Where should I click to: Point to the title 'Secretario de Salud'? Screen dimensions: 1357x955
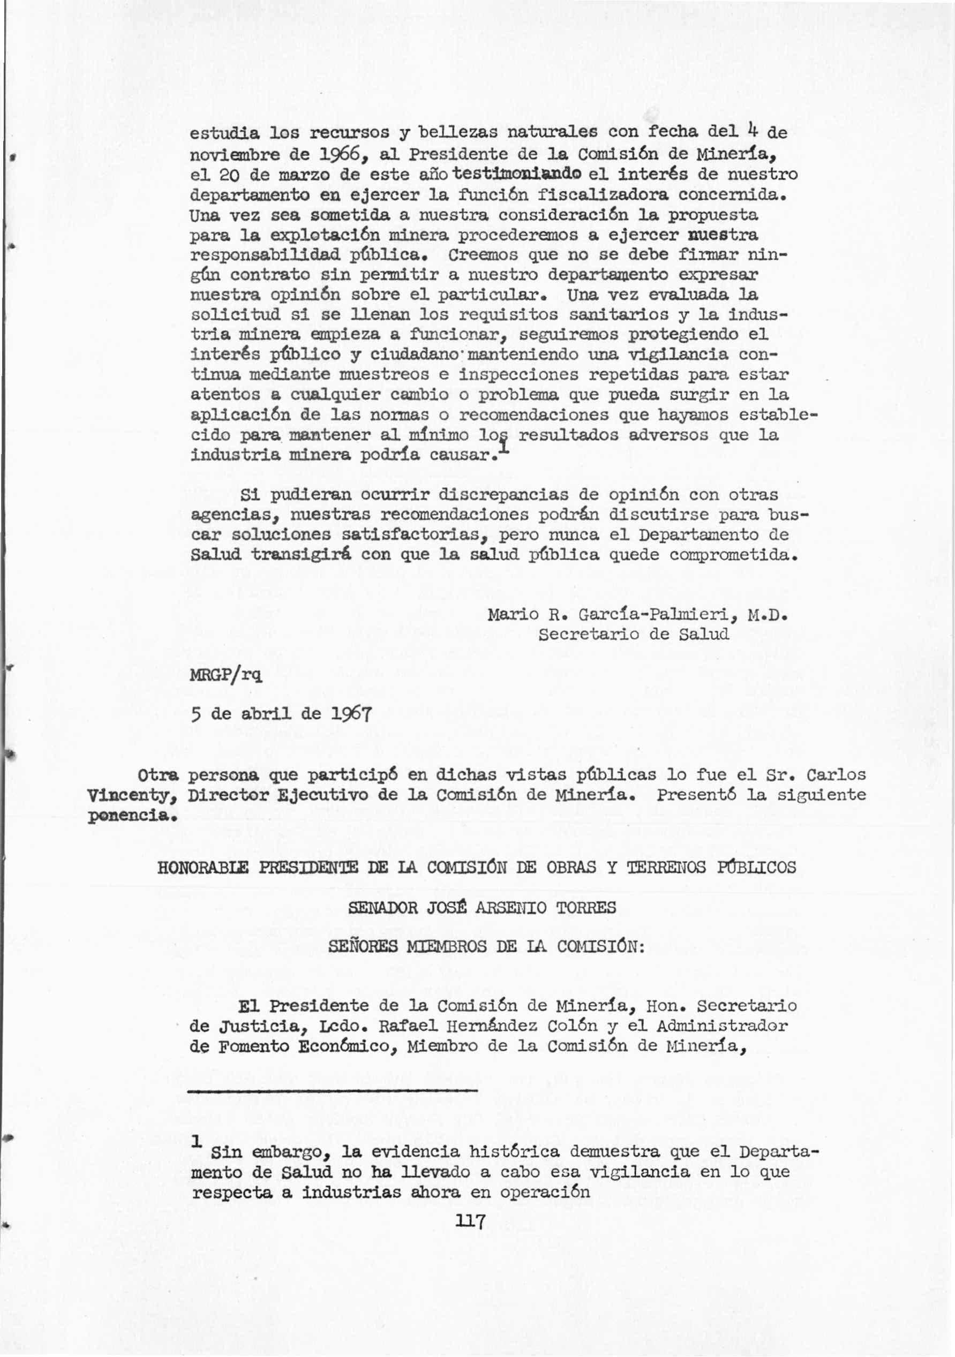(x=634, y=634)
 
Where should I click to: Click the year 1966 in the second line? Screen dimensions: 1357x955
(x=328, y=154)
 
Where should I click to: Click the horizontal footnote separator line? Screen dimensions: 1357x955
(x=333, y=1090)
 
